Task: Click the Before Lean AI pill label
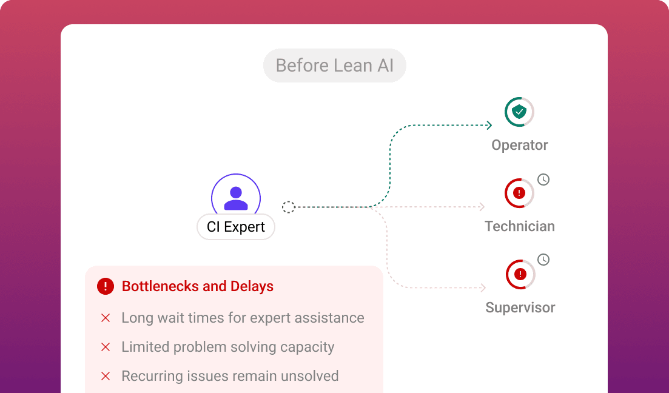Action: pos(334,65)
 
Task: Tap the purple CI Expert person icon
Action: pos(236,198)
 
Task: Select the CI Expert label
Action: pos(236,227)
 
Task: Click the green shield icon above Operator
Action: pos(519,112)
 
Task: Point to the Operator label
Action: pos(520,145)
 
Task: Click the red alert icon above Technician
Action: pos(519,193)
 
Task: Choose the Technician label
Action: pos(520,226)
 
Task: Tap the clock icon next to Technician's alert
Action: pos(543,180)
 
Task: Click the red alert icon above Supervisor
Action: pos(520,274)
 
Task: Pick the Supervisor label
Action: pos(520,307)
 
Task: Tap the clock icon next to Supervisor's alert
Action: pos(543,260)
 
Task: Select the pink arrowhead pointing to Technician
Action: pos(482,207)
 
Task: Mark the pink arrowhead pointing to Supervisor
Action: pos(483,288)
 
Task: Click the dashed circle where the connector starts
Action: pos(289,207)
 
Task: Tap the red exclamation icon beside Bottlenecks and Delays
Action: pos(106,286)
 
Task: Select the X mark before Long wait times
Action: pos(106,318)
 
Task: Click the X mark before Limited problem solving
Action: pos(106,347)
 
